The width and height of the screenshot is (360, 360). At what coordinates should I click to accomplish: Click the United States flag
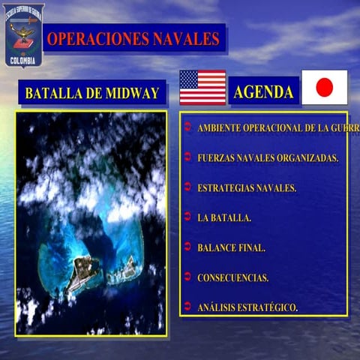pyautogui.click(x=202, y=88)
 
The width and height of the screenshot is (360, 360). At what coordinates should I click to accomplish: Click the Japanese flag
pyautogui.click(x=324, y=88)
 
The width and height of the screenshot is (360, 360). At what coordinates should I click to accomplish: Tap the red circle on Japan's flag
pyautogui.click(x=324, y=88)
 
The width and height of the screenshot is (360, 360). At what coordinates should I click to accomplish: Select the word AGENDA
pyautogui.click(x=263, y=92)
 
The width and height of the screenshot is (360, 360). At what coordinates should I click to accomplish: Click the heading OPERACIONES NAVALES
pyautogui.click(x=133, y=38)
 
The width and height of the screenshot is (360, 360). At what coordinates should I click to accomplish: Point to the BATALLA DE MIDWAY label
pyautogui.click(x=92, y=94)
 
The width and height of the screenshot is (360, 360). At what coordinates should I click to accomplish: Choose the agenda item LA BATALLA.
pyautogui.click(x=223, y=217)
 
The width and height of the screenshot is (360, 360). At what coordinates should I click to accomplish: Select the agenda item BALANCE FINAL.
pyautogui.click(x=231, y=247)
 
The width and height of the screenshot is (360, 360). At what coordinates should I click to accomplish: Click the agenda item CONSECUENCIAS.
pyautogui.click(x=232, y=277)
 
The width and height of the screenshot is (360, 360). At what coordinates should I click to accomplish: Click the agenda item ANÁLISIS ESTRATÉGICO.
pyautogui.click(x=247, y=307)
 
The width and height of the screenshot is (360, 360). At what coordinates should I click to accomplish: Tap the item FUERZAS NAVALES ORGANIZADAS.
pyautogui.click(x=268, y=158)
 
